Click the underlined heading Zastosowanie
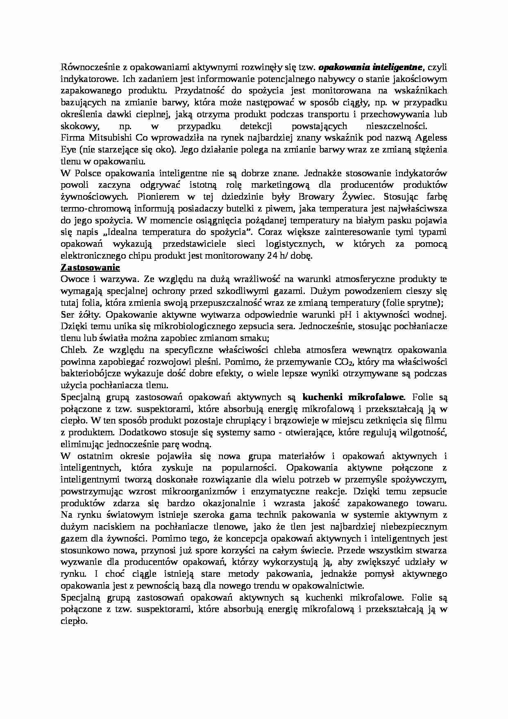click(90, 268)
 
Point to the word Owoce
click(74, 280)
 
